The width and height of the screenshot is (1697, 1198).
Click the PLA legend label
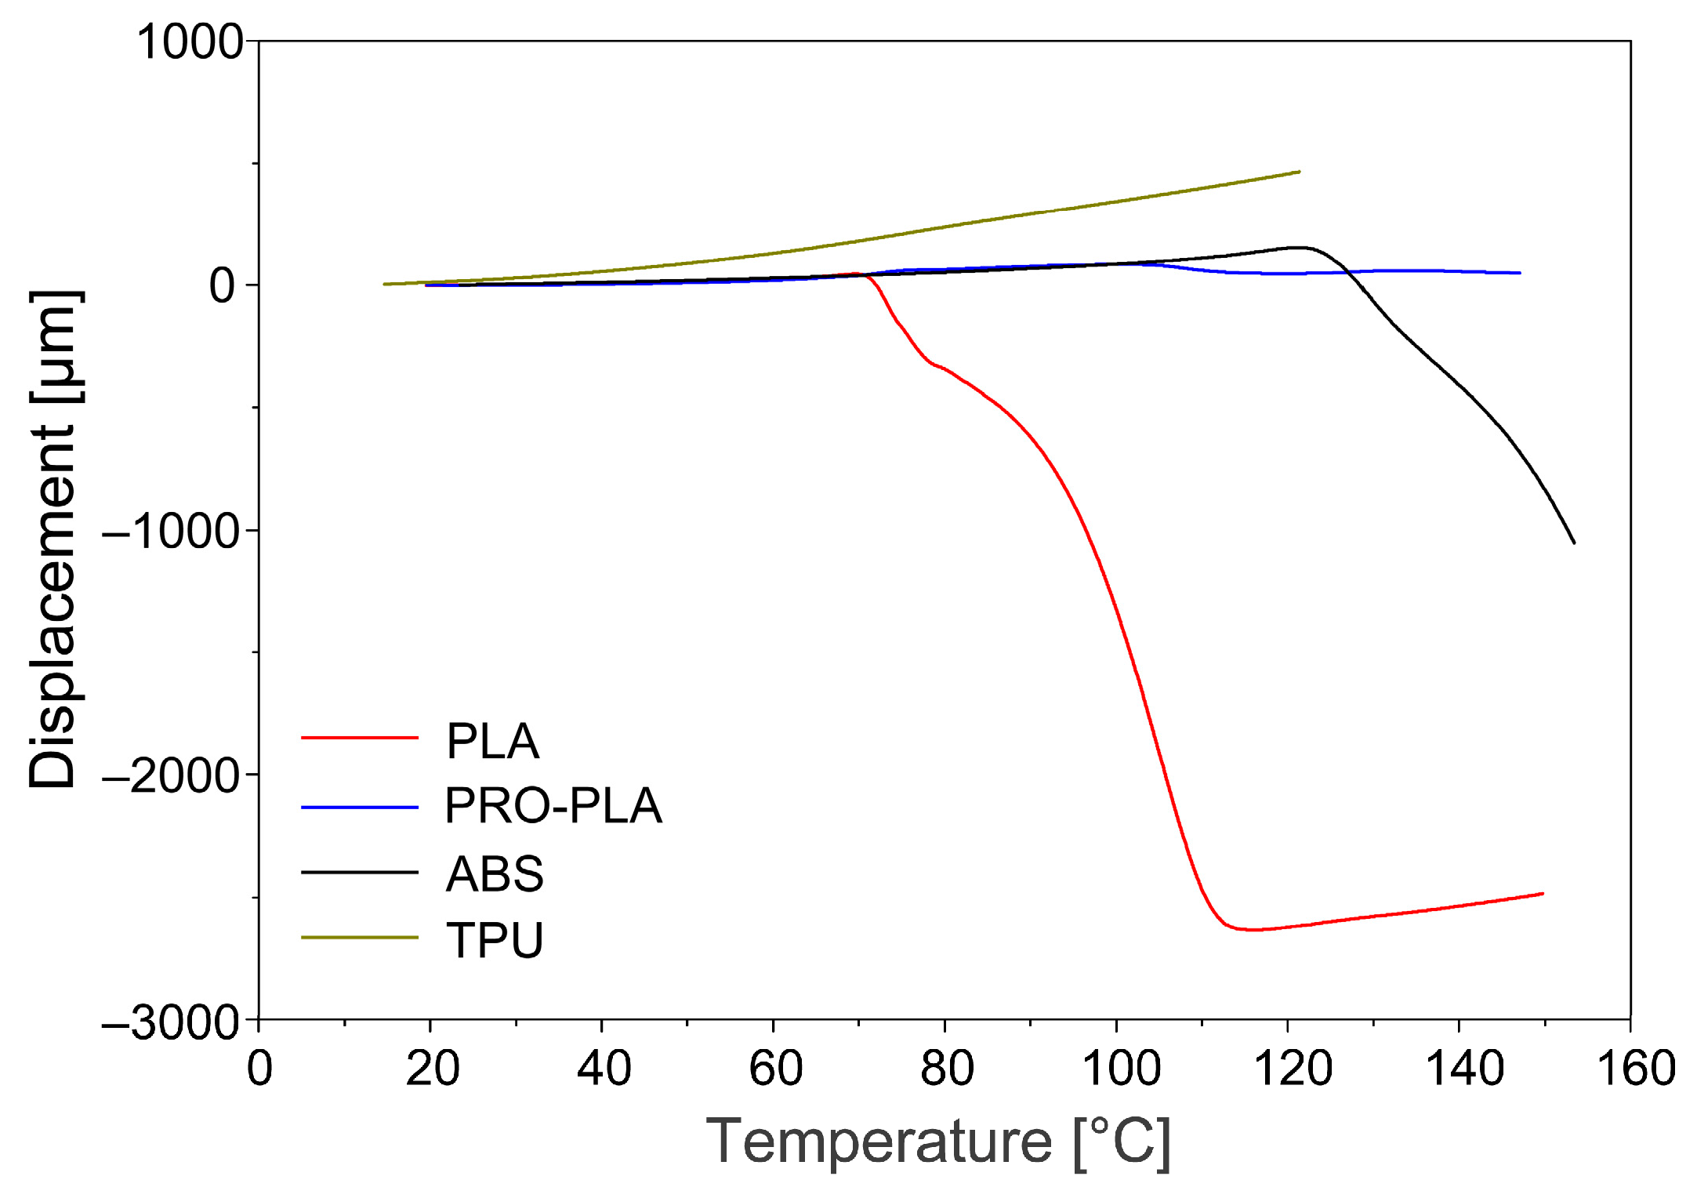coord(492,742)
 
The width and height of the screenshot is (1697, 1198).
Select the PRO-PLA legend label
coord(553,806)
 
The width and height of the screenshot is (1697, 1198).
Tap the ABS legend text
coord(495,874)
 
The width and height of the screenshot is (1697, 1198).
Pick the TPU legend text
coord(495,940)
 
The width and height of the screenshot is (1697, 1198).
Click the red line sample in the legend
coord(360,738)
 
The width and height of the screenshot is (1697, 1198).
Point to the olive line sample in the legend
coord(360,938)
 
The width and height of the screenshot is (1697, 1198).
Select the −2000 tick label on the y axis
coord(170,776)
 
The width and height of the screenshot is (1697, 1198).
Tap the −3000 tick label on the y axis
coord(170,1022)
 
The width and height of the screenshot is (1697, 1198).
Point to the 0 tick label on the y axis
coord(222,285)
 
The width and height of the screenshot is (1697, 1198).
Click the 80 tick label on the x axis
coord(947,1068)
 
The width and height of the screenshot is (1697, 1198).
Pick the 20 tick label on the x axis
coord(432,1068)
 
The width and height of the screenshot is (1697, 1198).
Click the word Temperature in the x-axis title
coord(879,1142)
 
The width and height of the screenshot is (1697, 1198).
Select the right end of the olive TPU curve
coord(1300,172)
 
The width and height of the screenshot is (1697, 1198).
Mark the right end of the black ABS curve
coord(1574,543)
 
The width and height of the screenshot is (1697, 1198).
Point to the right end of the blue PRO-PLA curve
coord(1520,273)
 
